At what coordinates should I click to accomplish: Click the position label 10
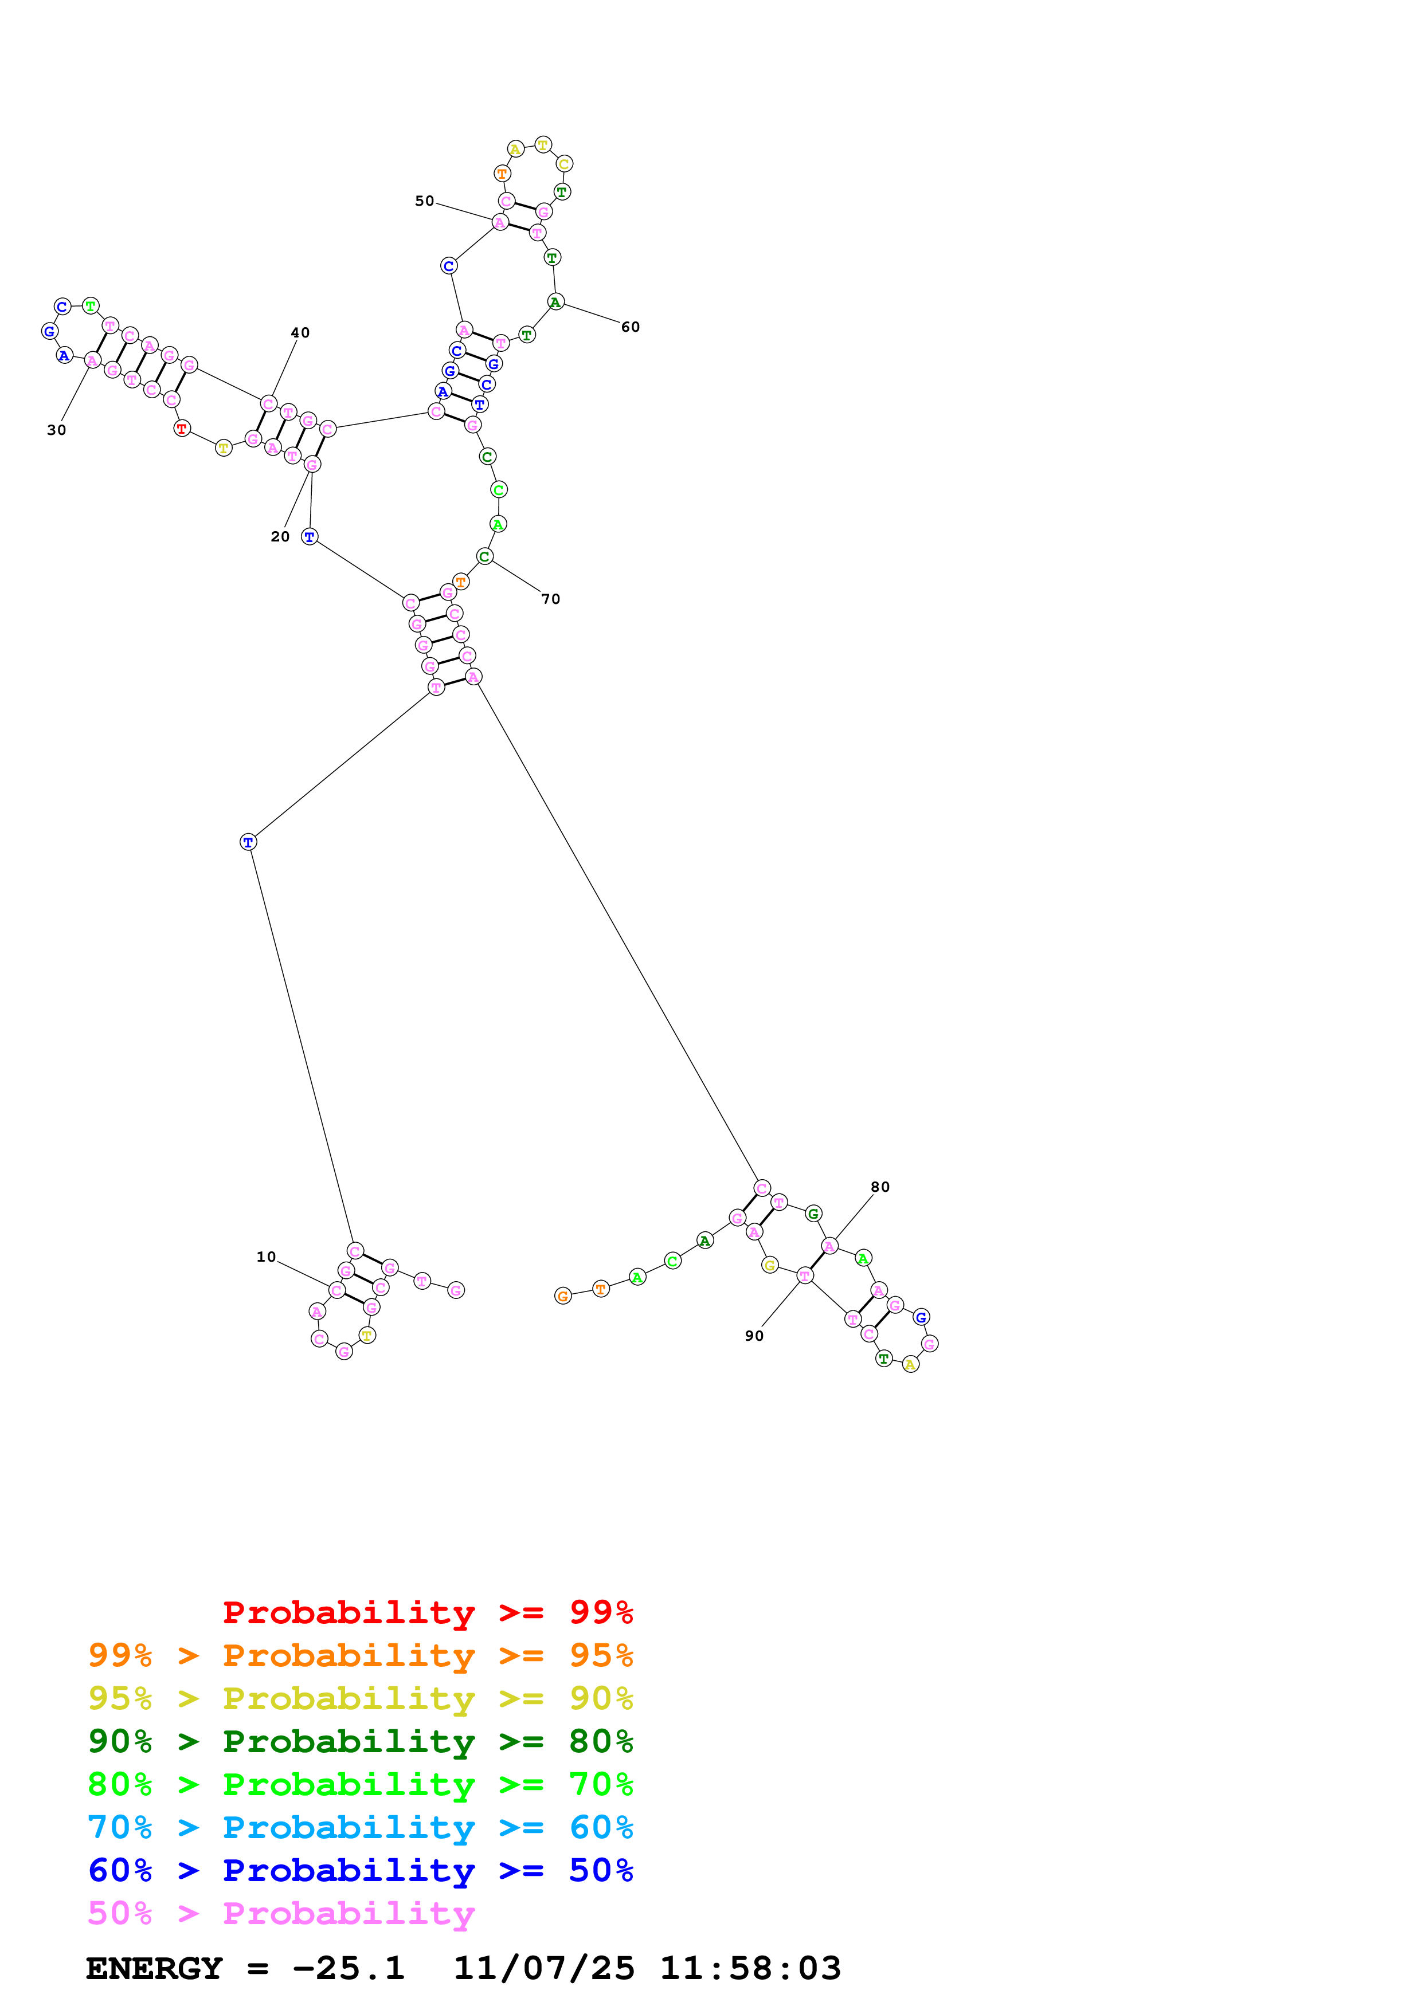pos(266,1257)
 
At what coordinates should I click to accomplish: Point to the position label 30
pos(57,430)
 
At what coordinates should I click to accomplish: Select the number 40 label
pos(300,333)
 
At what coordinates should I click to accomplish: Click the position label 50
pos(425,201)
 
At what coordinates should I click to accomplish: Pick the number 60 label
pos(631,327)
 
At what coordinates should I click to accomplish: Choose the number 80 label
pos(880,1187)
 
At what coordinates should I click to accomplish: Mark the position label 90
pos(754,1336)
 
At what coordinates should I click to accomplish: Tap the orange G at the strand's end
pos(563,1297)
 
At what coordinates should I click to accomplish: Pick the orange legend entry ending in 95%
pos(360,1655)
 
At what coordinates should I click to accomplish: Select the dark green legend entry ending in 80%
pos(360,1741)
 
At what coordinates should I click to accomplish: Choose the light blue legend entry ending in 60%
pos(360,1827)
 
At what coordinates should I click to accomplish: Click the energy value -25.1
pos(349,1969)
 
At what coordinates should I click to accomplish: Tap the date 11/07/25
pos(544,1969)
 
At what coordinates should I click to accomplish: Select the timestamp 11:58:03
pos(750,1969)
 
